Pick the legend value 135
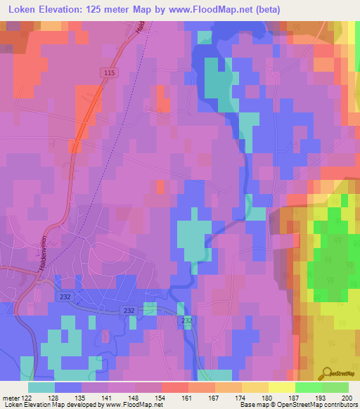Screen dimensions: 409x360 click(82, 397)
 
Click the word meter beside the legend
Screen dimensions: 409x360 click(10, 397)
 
